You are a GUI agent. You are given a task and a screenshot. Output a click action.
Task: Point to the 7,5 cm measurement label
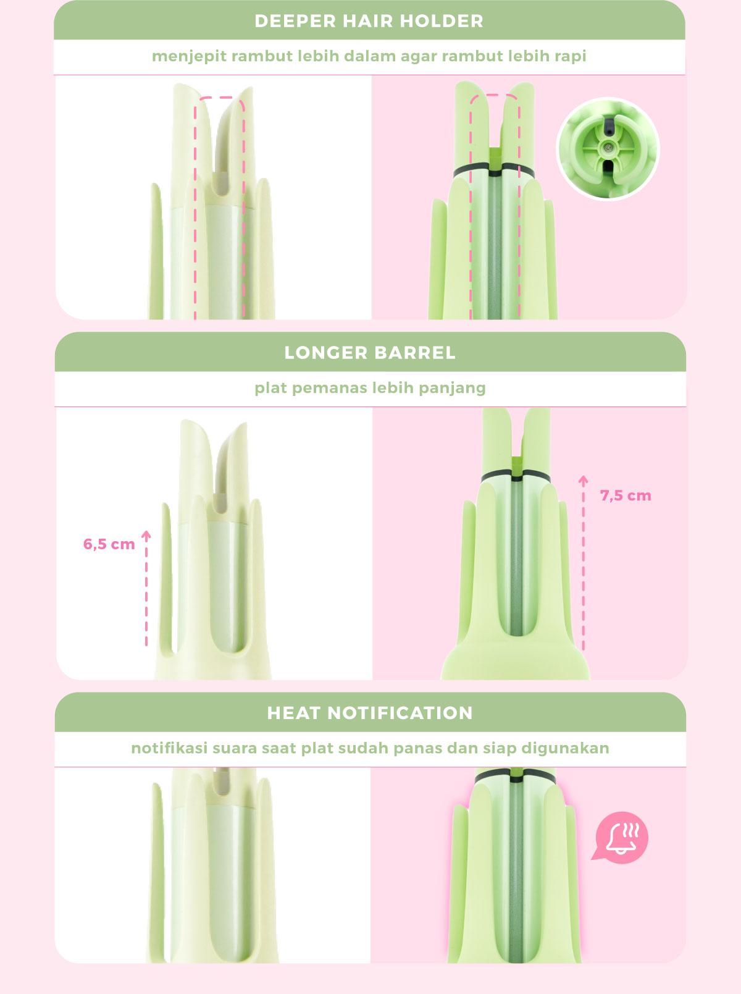(626, 495)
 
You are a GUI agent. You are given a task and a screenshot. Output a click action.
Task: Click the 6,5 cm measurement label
(109, 545)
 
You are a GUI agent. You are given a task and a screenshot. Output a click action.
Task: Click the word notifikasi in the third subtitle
(169, 748)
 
